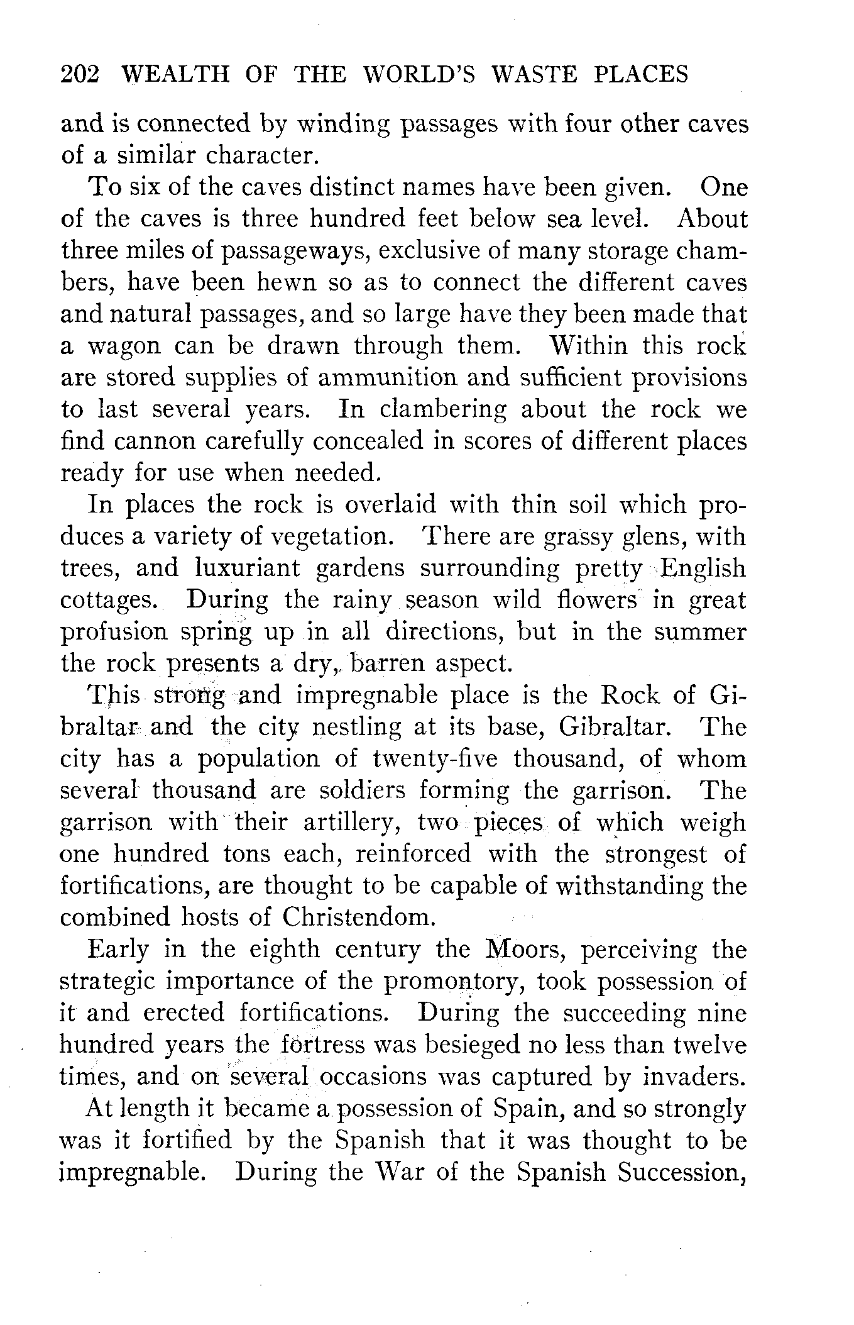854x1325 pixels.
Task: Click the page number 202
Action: pos(80,75)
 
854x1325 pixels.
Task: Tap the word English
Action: pos(703,568)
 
